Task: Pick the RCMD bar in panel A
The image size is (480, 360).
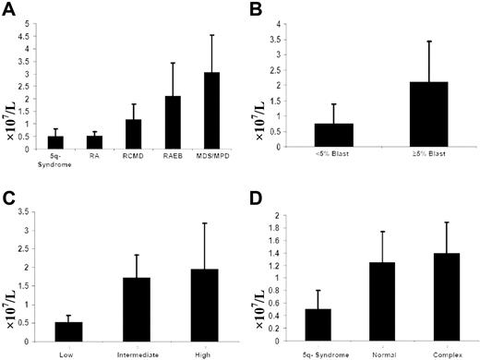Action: [133, 134]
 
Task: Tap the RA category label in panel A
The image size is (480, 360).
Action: [95, 158]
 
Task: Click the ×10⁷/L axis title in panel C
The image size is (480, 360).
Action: [15, 277]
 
